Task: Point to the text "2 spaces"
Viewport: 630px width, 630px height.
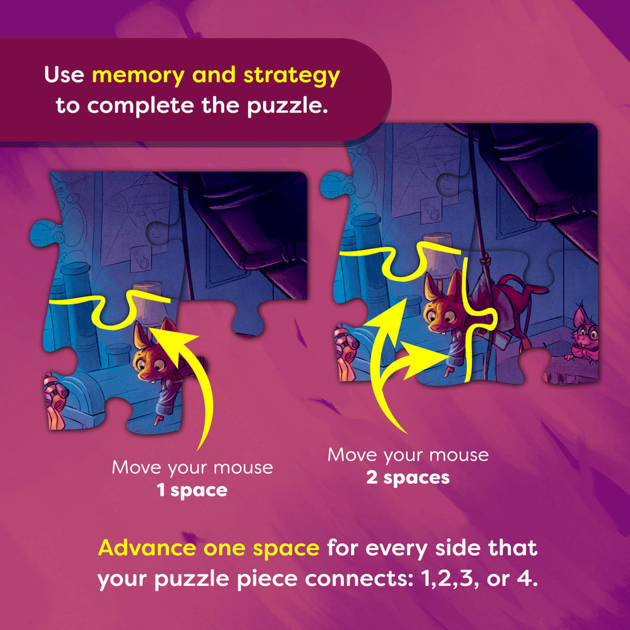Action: (x=408, y=478)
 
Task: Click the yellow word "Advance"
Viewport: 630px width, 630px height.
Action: (x=147, y=548)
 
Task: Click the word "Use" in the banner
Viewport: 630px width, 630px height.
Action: (x=64, y=75)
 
